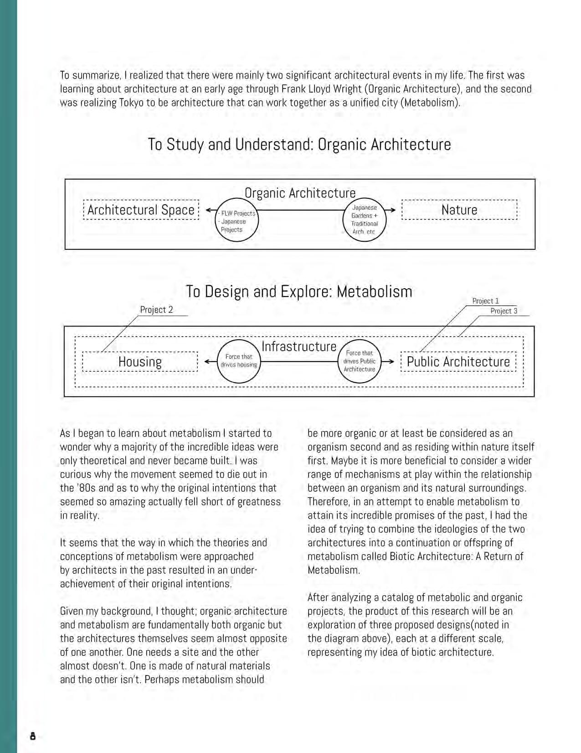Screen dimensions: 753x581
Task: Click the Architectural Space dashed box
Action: pos(141,210)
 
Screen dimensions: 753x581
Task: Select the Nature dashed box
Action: pos(459,210)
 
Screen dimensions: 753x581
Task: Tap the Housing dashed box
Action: pos(140,362)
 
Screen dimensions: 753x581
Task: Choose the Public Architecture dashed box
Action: pos(458,362)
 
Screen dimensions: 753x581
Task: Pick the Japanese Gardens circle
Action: pos(364,219)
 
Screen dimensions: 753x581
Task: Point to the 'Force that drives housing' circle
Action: pos(239,360)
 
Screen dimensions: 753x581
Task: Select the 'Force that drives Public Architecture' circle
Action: pos(360,361)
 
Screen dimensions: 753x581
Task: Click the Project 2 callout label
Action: pos(156,310)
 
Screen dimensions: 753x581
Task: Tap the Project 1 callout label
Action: pos(485,301)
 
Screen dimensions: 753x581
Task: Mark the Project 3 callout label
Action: pos(504,311)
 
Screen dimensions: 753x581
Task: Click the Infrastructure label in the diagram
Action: pos(299,347)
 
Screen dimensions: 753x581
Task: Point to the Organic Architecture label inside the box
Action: pos(300,193)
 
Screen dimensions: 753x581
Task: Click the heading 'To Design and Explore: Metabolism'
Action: pos(299,291)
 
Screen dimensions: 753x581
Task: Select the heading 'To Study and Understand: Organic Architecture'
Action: pos(299,144)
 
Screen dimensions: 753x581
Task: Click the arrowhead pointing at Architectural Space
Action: pos(208,210)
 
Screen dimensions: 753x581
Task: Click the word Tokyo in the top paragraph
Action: pos(132,102)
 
